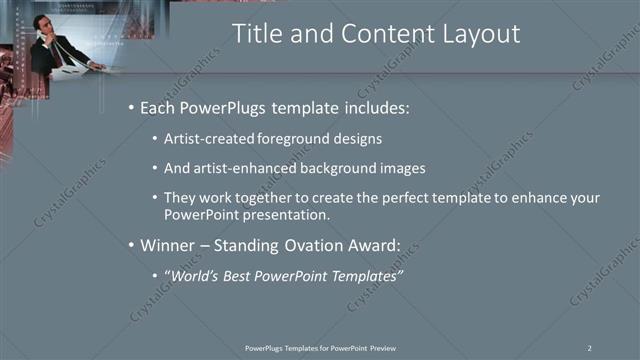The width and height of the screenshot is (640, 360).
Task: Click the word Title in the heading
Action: pos(256,34)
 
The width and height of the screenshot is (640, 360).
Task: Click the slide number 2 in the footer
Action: pos(590,347)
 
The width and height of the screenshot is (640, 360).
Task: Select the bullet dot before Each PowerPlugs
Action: pos(130,107)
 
